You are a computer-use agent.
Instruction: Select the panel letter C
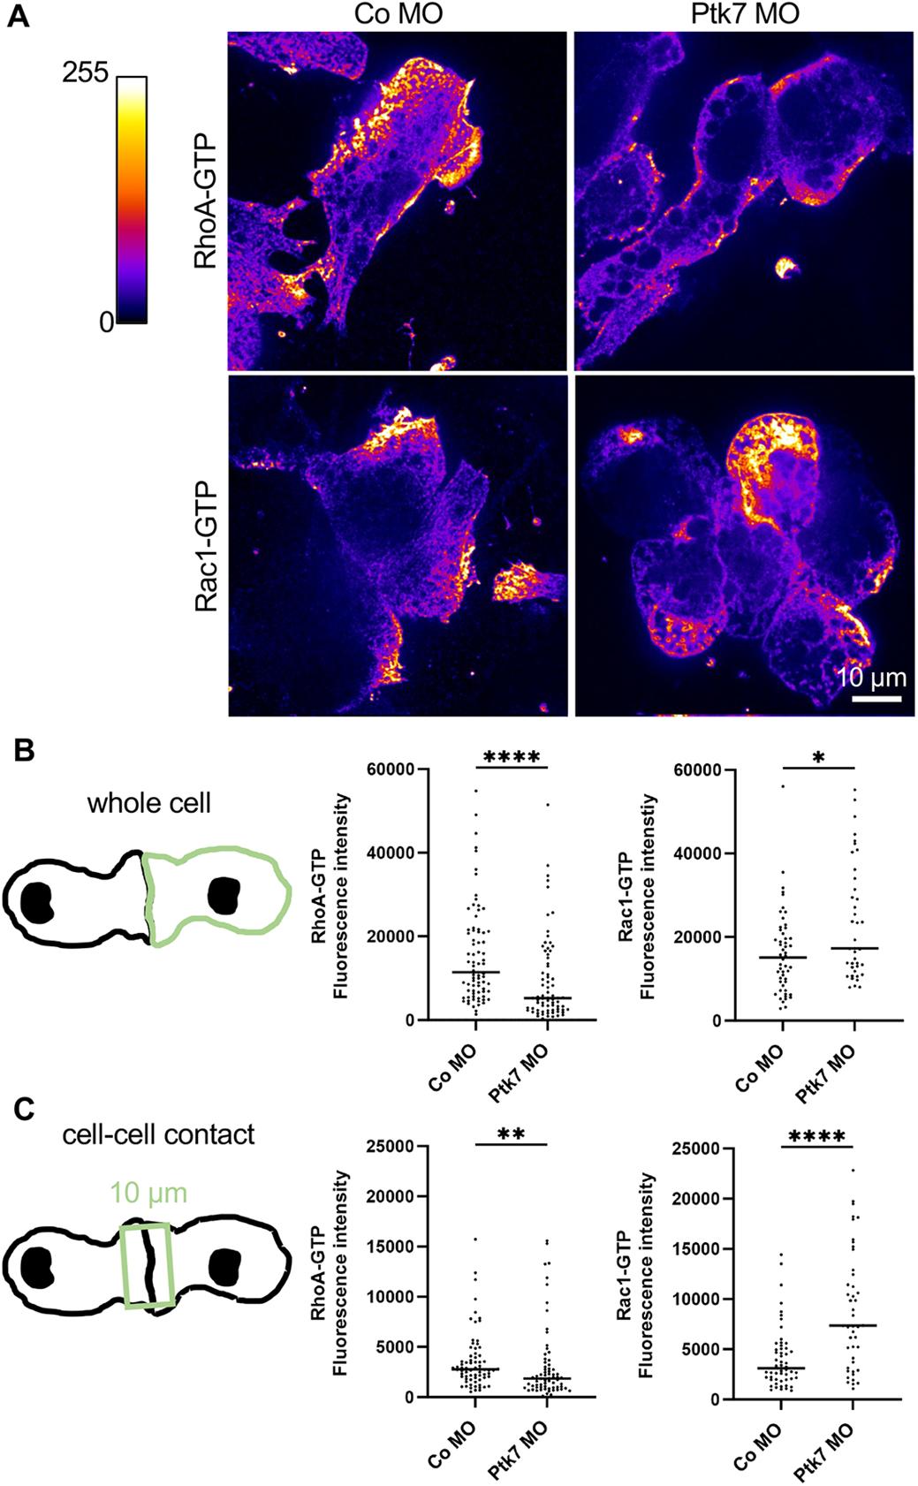24,1110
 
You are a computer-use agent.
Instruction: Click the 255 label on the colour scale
86,72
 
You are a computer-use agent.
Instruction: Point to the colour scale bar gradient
133,200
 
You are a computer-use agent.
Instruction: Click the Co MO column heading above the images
398,14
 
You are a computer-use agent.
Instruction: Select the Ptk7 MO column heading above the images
745,14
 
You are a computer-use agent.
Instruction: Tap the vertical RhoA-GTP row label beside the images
206,201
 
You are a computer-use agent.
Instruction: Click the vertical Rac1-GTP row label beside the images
206,546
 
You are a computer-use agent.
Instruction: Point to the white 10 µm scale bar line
876,699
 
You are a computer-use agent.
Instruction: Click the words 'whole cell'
149,803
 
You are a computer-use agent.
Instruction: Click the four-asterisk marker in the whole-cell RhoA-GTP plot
512,757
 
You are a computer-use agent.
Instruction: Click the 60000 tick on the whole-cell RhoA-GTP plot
392,770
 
